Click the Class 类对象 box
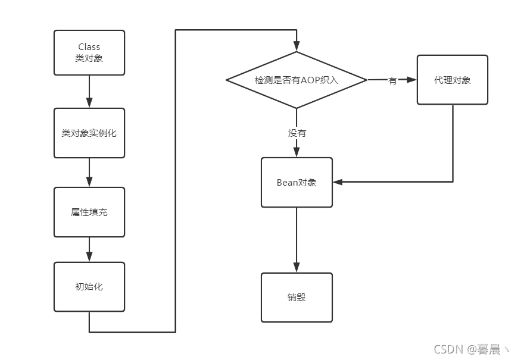coord(89,53)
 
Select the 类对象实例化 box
coord(89,133)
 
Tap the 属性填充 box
coord(89,212)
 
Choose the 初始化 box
coord(89,286)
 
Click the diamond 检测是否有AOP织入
coord(297,80)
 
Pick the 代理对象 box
coord(452,80)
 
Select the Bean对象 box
coord(297,182)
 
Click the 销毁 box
coord(297,297)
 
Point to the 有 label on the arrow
coord(392,80)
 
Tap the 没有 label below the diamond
coord(297,133)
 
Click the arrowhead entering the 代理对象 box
coord(411,80)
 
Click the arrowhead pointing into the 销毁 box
coord(297,267)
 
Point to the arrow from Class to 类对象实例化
coord(89,92)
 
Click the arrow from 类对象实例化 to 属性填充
coord(89,173)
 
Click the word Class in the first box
coord(89,47)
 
